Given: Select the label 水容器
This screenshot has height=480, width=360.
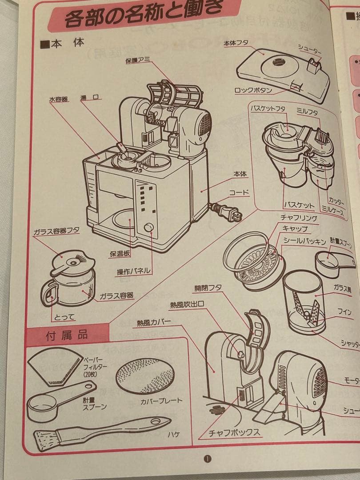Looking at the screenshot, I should pos(58,100).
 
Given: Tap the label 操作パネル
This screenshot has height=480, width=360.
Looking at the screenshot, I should pos(133,271).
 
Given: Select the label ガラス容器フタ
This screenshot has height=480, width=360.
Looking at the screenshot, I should pos(56,232).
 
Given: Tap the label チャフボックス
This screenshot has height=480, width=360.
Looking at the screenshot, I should pos(234,432).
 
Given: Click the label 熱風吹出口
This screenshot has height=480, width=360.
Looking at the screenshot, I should pos(187,305).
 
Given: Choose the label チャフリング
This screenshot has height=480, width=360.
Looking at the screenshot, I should pos(298,218).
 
